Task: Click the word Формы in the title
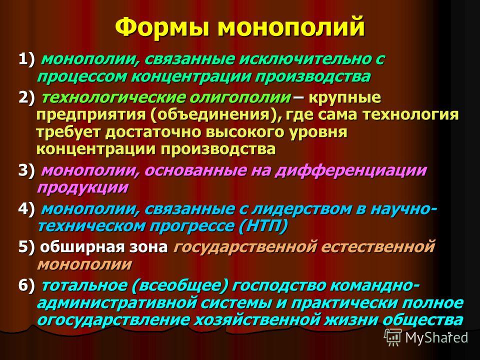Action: pos(163,26)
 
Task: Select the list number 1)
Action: pos(26,59)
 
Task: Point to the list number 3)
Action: pos(26,170)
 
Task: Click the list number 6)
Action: pos(26,285)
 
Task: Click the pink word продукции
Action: pos(82,187)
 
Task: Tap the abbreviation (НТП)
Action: pos(262,226)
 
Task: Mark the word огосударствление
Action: pos(113,320)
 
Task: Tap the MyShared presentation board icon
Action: pos(393,337)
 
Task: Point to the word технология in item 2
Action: pos(410,115)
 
